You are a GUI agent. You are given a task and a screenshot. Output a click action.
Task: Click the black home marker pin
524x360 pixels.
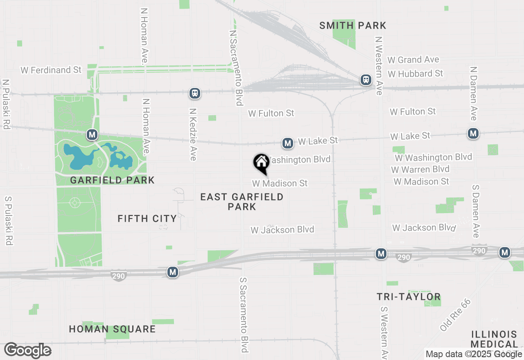[261, 163]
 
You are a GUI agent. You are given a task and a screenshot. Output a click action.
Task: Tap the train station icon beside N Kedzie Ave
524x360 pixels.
[195, 93]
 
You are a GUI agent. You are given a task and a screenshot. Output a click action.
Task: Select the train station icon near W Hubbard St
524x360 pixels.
[366, 80]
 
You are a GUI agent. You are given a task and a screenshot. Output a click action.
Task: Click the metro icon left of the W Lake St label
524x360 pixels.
[288, 143]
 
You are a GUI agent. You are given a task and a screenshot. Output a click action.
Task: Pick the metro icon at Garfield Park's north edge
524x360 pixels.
[92, 134]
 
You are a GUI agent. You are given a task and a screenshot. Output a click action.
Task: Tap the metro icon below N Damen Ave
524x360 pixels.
[474, 133]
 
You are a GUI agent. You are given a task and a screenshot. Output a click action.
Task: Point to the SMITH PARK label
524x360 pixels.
[352, 26]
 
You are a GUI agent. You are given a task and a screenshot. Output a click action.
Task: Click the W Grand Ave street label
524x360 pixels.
[413, 60]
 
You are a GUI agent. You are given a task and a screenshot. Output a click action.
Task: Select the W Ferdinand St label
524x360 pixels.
[51, 70]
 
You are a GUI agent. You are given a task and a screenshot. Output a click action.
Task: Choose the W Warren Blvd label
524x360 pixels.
[420, 169]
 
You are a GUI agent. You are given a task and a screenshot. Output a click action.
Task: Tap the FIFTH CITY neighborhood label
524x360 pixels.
[147, 218]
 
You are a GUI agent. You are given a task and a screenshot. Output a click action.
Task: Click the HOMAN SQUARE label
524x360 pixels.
[112, 329]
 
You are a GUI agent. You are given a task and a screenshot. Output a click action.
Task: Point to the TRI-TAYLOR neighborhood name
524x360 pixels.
[409, 297]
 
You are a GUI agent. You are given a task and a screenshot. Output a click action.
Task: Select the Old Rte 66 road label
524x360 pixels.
[456, 315]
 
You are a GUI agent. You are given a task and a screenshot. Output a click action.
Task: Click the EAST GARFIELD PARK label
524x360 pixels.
[242, 202]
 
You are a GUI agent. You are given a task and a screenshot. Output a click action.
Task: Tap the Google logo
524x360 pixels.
[28, 351]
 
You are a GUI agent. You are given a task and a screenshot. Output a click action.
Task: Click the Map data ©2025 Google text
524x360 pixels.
[474, 354]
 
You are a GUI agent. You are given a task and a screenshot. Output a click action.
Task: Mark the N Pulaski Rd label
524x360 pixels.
[6, 104]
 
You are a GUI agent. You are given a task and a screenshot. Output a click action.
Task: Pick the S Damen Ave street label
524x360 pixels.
[476, 211]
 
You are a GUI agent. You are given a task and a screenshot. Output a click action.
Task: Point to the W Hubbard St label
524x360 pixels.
[416, 74]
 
